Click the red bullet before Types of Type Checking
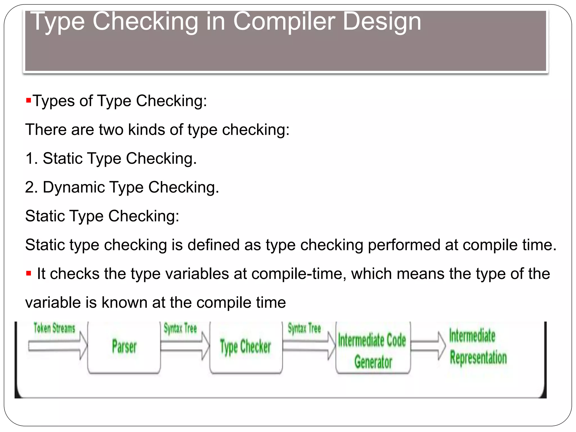[x=28, y=100]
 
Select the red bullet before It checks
[x=28, y=273]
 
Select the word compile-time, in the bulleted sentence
[x=299, y=274]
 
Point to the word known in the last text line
[x=124, y=303]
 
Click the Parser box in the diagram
[x=124, y=346]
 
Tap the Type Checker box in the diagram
[x=246, y=346]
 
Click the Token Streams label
[x=55, y=328]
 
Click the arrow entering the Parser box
[x=58, y=346]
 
